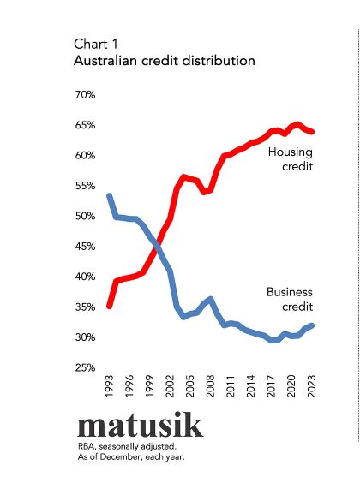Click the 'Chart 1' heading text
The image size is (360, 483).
click(x=97, y=44)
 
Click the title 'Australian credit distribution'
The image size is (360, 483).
click(x=164, y=62)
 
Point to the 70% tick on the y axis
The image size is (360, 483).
click(x=85, y=95)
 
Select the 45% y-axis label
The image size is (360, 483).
click(x=85, y=247)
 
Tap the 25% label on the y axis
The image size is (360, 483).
click(x=85, y=368)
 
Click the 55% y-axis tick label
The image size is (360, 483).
click(x=85, y=186)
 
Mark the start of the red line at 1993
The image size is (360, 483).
click(x=109, y=306)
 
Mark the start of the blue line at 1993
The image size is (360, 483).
click(x=109, y=196)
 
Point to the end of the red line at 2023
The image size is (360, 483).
click(x=313, y=132)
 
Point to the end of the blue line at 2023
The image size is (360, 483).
click(x=313, y=325)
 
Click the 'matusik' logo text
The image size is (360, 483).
click(x=141, y=426)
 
